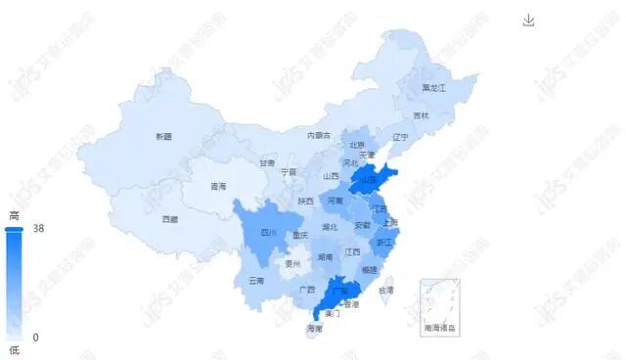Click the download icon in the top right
point(529,21)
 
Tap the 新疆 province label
point(163,137)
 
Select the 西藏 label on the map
point(170,219)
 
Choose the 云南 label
point(256,281)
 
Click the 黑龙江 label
point(433,88)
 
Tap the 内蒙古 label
point(319,135)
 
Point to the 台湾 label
point(386,291)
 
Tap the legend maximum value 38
point(39,229)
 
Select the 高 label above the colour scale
point(14,215)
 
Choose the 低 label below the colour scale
point(14,350)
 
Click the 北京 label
point(357,146)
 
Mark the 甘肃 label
point(267,163)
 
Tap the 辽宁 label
point(400,137)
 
